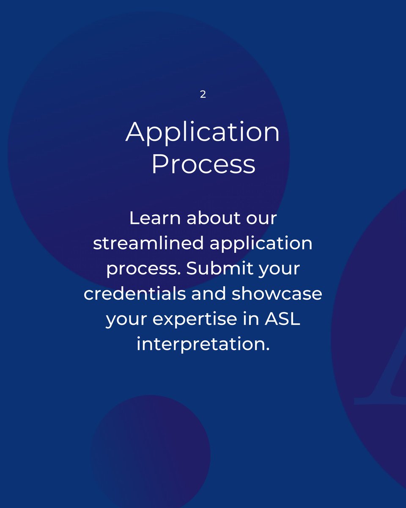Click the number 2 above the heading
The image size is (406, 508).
pyautogui.click(x=203, y=94)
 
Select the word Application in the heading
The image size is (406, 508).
pyautogui.click(x=203, y=133)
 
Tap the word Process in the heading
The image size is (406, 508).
pyautogui.click(x=203, y=164)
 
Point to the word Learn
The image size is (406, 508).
pyautogui.click(x=154, y=219)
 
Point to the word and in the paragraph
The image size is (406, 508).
pyautogui.click(x=207, y=294)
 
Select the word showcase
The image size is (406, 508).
pyautogui.click(x=277, y=294)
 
